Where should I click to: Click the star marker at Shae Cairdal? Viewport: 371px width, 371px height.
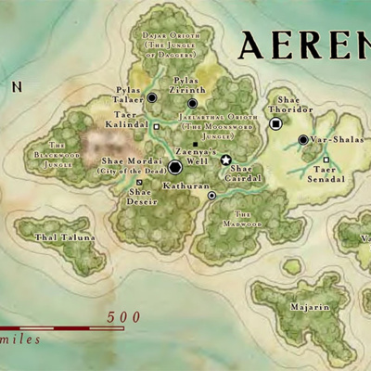[225, 160]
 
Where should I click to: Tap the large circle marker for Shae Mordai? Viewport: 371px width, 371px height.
[174, 167]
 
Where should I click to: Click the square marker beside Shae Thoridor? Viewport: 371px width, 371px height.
[275, 123]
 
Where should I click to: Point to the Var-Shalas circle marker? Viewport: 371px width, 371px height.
[302, 140]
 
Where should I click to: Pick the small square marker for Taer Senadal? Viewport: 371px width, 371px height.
[325, 160]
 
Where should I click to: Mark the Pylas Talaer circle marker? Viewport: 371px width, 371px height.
[152, 97]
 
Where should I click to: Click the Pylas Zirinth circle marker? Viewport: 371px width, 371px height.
[193, 103]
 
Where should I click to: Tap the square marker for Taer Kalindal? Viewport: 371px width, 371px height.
[157, 126]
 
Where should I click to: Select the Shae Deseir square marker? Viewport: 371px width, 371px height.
[139, 182]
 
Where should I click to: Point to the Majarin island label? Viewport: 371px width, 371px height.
[309, 306]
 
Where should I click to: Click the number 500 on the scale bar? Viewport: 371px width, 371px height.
[123, 317]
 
